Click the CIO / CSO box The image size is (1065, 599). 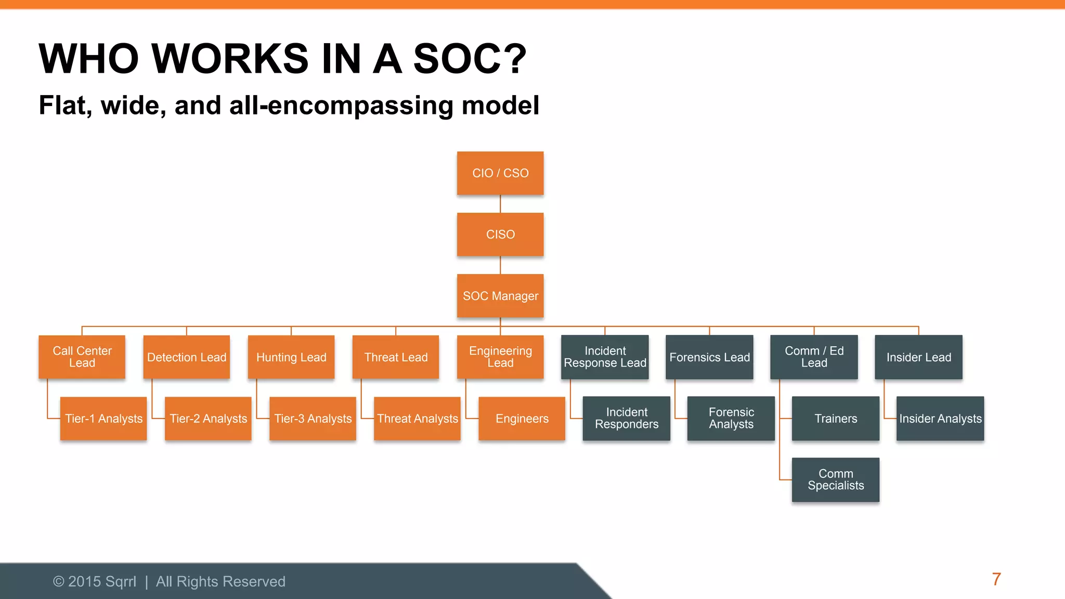coord(500,173)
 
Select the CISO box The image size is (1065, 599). coord(500,235)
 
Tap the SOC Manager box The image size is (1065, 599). coord(500,296)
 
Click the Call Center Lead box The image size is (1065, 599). coord(82,357)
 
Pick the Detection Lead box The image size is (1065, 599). coord(187,357)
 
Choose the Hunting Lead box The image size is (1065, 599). coord(291,357)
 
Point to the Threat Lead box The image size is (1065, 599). coord(396,357)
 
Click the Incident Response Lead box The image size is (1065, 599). coord(605,357)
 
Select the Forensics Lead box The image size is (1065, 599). coord(709,357)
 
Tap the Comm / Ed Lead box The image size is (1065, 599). coord(814,357)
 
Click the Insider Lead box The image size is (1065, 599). coord(918,357)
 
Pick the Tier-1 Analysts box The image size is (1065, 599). coord(103,419)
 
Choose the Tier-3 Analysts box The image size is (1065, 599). coord(313,419)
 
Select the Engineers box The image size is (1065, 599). coord(522,419)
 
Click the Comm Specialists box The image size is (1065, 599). coord(836,479)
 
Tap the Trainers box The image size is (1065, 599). coord(836,419)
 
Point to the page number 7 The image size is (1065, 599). coord(996,579)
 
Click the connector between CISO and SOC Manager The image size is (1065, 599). coord(500,265)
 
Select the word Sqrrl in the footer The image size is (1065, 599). coord(120,581)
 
